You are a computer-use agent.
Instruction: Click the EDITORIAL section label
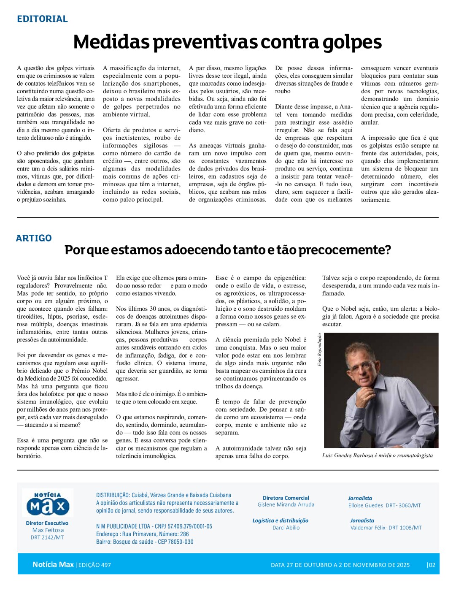point(42,19)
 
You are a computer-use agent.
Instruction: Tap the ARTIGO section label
point(34,238)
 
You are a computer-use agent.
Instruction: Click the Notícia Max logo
point(48,503)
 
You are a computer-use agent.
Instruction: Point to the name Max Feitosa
point(48,530)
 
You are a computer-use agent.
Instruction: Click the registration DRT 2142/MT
point(47,538)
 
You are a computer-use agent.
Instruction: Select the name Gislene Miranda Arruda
point(286,505)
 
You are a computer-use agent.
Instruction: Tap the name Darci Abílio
point(286,528)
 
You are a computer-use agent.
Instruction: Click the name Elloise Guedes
point(365,505)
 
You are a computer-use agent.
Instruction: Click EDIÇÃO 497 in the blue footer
point(94,565)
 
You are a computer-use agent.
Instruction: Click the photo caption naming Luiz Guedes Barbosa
point(377,455)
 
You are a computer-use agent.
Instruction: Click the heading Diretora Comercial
point(286,498)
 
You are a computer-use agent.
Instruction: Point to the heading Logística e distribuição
point(280,521)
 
